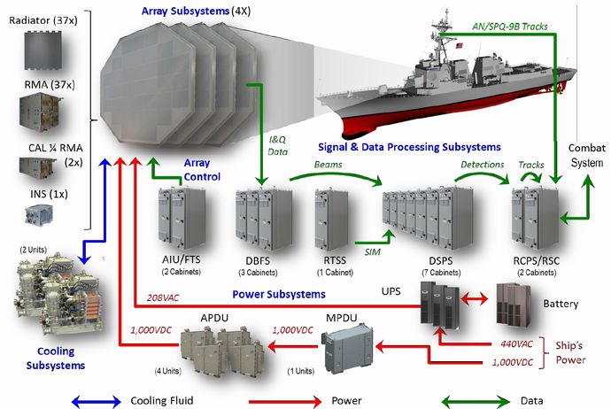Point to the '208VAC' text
(x=159, y=297)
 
